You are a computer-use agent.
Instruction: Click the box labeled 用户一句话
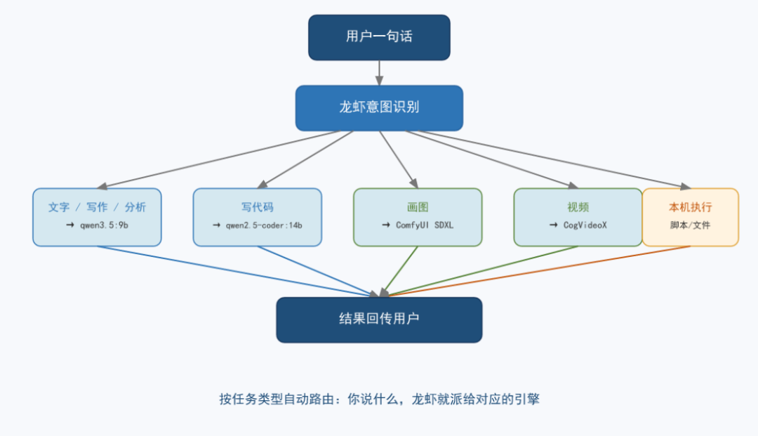pyautogui.click(x=379, y=37)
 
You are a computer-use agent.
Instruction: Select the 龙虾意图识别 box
pyautogui.click(x=379, y=108)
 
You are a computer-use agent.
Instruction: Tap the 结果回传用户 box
pyautogui.click(x=379, y=319)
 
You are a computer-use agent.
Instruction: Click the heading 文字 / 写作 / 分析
pyautogui.click(x=97, y=207)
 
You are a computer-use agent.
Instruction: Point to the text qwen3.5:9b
pyautogui.click(x=104, y=225)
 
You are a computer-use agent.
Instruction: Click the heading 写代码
pyautogui.click(x=257, y=207)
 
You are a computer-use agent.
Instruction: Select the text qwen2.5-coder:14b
pyautogui.click(x=264, y=225)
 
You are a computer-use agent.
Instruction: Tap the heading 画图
pyautogui.click(x=418, y=207)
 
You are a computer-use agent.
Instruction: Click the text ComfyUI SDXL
pyautogui.click(x=425, y=225)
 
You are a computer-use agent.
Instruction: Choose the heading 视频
pyautogui.click(x=578, y=207)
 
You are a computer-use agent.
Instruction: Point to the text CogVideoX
pyautogui.click(x=585, y=225)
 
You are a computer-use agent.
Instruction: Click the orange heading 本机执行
pyautogui.click(x=691, y=207)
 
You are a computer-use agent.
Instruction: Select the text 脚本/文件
pyautogui.click(x=691, y=225)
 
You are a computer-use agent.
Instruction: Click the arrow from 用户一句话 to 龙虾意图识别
pyautogui.click(x=379, y=73)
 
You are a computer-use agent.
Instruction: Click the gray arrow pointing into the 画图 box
pyautogui.click(x=399, y=159)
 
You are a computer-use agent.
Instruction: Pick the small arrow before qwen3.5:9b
pyautogui.click(x=70, y=225)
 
